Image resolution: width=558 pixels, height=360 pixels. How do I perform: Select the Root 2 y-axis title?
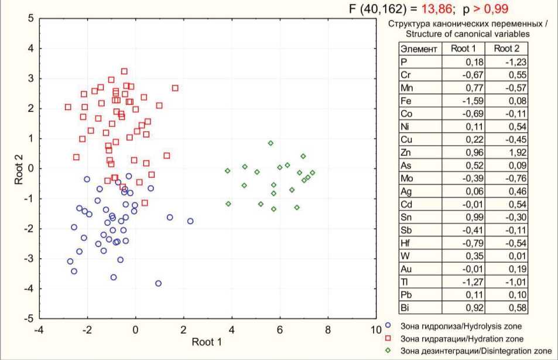point(19,169)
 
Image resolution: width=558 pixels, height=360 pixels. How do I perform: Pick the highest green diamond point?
point(271,143)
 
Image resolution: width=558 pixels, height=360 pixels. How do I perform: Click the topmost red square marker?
point(124,71)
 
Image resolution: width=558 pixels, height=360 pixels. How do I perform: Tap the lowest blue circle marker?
point(158,283)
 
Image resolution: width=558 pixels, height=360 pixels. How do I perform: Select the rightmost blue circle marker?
point(190,221)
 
